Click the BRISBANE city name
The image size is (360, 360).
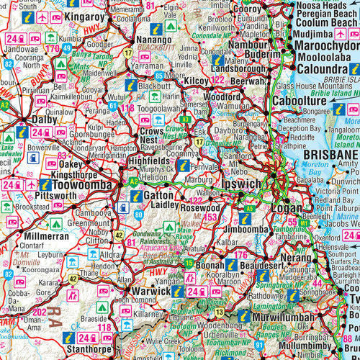pos(330,156)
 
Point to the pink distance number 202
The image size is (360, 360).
pos(40,312)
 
